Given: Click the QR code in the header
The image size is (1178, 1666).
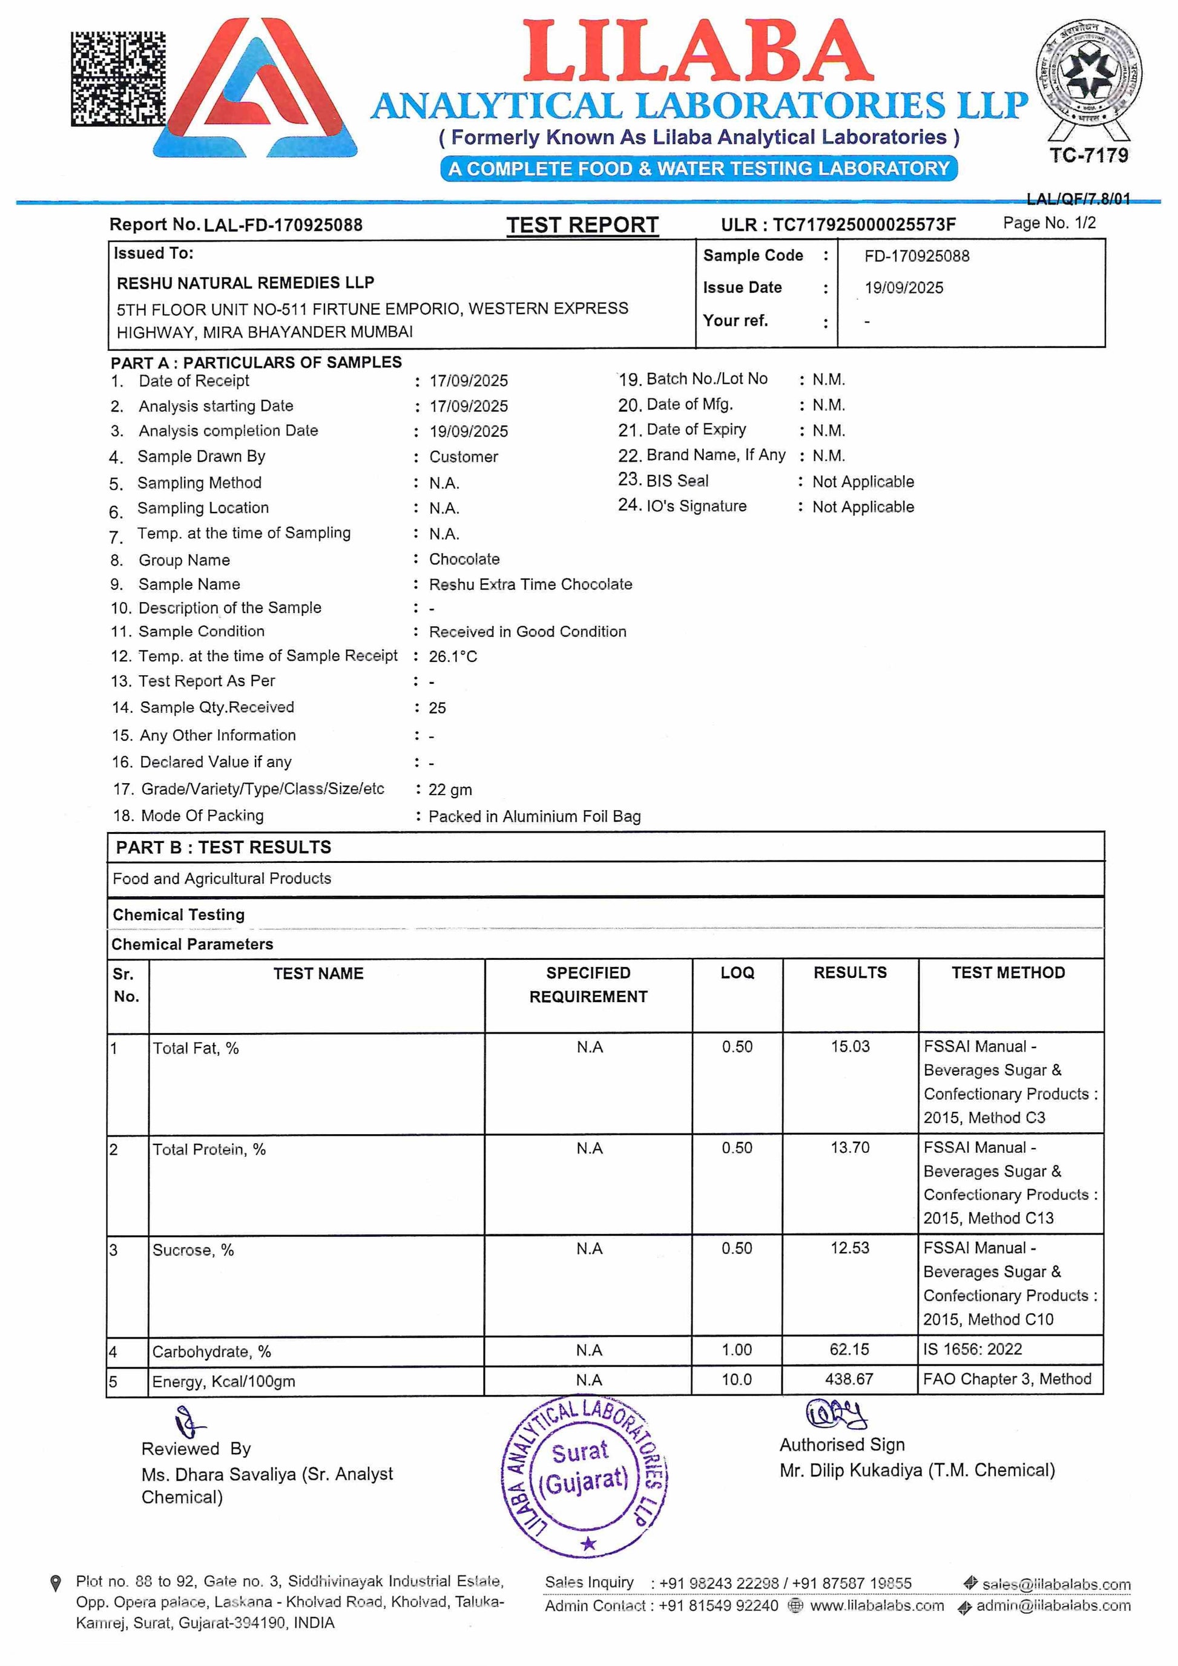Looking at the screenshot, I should [117, 78].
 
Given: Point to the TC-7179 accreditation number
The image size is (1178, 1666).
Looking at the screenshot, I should [1088, 156].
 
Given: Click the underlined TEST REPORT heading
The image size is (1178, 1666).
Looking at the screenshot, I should [582, 225].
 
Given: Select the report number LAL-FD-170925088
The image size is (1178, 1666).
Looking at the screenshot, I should [283, 225].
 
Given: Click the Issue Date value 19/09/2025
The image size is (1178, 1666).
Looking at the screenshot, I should [904, 288].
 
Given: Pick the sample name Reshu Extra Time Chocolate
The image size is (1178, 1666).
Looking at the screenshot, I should [530, 584].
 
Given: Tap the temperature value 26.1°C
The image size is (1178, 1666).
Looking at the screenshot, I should [453, 657].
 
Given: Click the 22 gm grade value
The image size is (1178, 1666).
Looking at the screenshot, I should [450, 790].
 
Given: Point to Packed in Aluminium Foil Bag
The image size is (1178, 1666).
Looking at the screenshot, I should [534, 816].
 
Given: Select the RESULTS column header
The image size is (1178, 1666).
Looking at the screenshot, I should [850, 973].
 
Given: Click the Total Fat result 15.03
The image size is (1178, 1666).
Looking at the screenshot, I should [850, 1046].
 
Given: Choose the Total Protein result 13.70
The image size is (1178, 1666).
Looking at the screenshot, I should [850, 1147].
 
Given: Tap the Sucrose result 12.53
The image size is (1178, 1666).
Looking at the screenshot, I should [850, 1248].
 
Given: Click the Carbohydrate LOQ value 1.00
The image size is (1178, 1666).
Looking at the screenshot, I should [737, 1350].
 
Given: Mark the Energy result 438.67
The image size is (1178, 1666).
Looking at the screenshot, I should [849, 1379].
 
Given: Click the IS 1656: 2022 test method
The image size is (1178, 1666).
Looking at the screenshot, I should [973, 1350].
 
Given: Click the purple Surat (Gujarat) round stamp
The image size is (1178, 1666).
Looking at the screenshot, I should [585, 1477].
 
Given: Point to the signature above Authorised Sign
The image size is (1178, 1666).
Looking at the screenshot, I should [836, 1414].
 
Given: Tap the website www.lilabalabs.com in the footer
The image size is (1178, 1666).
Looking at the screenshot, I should [877, 1605].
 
